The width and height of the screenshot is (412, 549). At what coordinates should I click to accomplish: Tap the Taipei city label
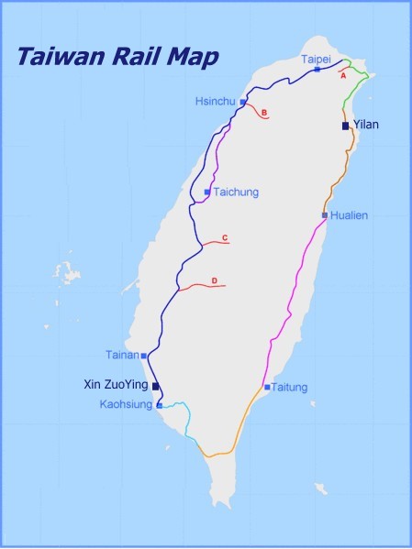(x=315, y=59)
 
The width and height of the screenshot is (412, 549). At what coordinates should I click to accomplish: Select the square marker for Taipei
(x=317, y=69)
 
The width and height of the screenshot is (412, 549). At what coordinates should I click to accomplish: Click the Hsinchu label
(x=215, y=101)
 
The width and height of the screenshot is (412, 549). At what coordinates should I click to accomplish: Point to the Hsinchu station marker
(x=242, y=103)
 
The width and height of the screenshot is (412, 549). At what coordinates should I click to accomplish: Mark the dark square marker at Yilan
(x=345, y=126)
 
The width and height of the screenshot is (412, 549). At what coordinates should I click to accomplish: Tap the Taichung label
(x=236, y=192)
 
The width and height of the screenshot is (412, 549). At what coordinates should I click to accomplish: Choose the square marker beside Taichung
(x=207, y=192)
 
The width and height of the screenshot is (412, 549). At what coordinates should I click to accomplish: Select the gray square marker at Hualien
(x=324, y=215)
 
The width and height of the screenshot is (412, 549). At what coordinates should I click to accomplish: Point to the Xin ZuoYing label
(x=115, y=386)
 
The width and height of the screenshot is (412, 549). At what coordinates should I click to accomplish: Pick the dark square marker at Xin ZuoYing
(x=155, y=387)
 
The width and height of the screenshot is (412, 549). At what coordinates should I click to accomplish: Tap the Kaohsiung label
(x=127, y=404)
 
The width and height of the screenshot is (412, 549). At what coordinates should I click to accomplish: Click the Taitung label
(x=290, y=388)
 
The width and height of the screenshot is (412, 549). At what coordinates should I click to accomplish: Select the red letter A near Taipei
(x=343, y=76)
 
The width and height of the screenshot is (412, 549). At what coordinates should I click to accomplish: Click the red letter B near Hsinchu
(x=263, y=114)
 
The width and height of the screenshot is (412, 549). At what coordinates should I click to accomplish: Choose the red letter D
(x=214, y=280)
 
